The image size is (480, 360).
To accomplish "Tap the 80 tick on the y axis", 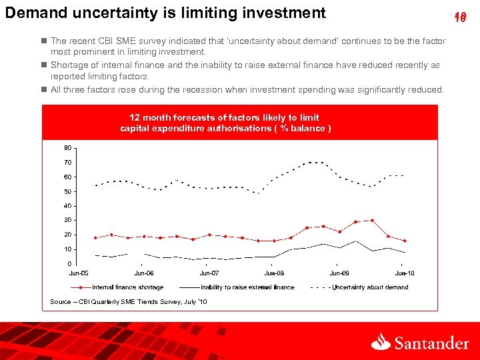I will pos(68,147).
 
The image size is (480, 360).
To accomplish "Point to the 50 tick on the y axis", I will pos(68,191).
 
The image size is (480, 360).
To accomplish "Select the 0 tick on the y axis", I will pos(70,264).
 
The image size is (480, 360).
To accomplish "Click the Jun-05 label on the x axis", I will pos(79,273).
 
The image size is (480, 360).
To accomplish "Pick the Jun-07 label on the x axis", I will pos(209,273).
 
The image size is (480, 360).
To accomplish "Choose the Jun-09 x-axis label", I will pos(339,273).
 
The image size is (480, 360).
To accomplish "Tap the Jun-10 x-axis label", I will pos(405,273).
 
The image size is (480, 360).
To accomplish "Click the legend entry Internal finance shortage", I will pos(127,287).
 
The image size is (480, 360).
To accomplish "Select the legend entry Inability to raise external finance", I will pos(247,287).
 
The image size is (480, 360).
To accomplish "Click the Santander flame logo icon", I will pos(381,342).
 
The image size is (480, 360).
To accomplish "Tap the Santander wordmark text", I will pos(431,343).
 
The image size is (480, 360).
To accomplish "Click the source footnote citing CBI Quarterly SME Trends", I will pos(129,302).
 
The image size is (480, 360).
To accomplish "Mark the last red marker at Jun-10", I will pos(405,241).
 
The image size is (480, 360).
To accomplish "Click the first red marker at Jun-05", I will pos(95,237).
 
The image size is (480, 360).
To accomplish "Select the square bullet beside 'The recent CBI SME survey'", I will pos(44,41).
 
